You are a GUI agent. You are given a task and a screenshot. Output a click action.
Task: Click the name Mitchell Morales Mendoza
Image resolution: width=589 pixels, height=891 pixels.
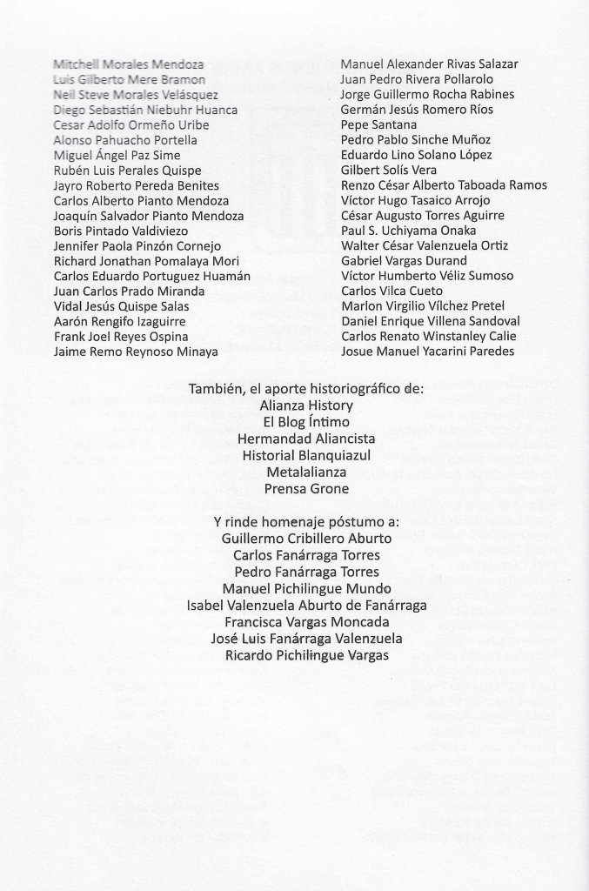tap(129, 64)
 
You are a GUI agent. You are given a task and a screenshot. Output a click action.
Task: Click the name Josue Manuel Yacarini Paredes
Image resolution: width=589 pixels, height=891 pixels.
tap(427, 352)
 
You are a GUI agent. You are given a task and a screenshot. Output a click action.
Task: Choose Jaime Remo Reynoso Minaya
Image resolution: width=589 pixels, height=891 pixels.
tap(136, 352)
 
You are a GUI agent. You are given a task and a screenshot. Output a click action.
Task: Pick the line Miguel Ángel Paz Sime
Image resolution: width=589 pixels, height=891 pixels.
tap(117, 155)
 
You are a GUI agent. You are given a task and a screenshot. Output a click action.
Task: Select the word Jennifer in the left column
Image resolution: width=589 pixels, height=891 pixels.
tap(77, 246)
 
